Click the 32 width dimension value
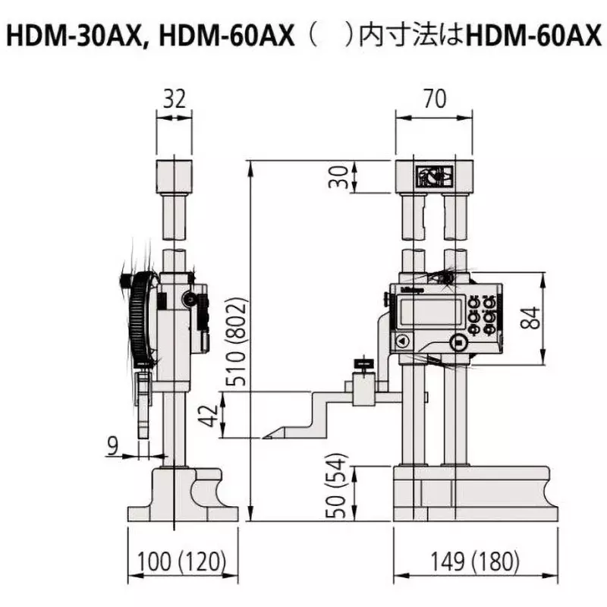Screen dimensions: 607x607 coord(174,99)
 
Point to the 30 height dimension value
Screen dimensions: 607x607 coord(342,177)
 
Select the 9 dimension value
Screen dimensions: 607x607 coord(113,447)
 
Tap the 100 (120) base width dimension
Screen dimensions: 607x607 coord(182,561)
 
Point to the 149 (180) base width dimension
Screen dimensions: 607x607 coord(476,561)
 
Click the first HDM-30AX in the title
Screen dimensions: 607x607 coord(71,36)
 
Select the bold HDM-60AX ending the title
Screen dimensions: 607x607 coord(535,36)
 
